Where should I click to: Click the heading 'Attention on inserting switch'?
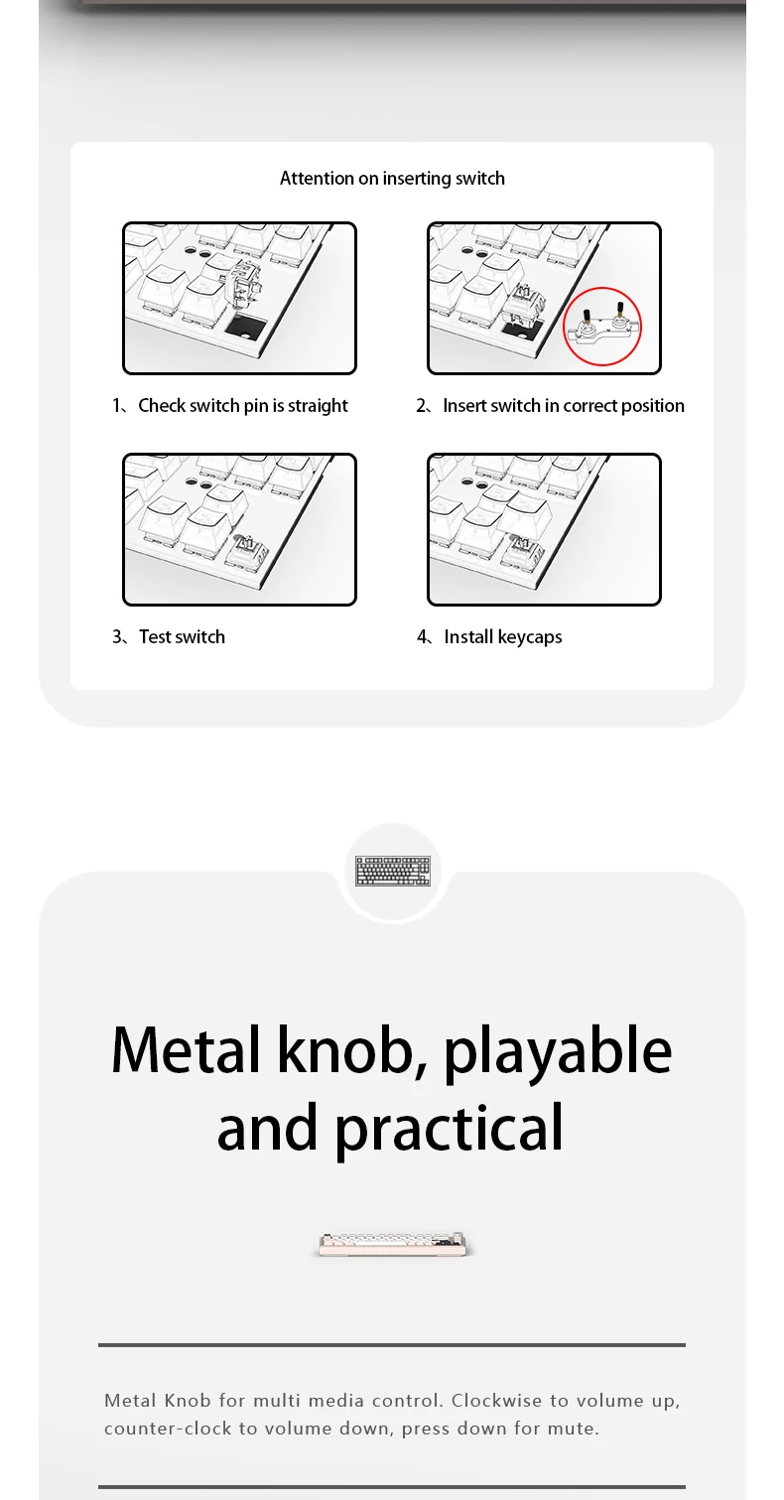click(392, 178)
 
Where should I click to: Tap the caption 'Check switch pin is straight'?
click(243, 406)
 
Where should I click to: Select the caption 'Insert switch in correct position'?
click(564, 406)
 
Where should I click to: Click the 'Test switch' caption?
click(183, 637)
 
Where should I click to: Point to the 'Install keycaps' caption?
click(503, 637)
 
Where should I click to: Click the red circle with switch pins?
click(602, 327)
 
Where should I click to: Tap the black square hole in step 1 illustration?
click(246, 327)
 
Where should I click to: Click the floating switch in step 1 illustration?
click(246, 283)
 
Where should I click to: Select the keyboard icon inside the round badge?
click(393, 872)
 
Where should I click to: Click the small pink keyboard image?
click(394, 1244)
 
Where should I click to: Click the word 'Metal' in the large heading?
click(186, 1050)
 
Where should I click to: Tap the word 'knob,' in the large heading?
click(353, 1050)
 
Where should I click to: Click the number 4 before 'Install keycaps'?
click(422, 636)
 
